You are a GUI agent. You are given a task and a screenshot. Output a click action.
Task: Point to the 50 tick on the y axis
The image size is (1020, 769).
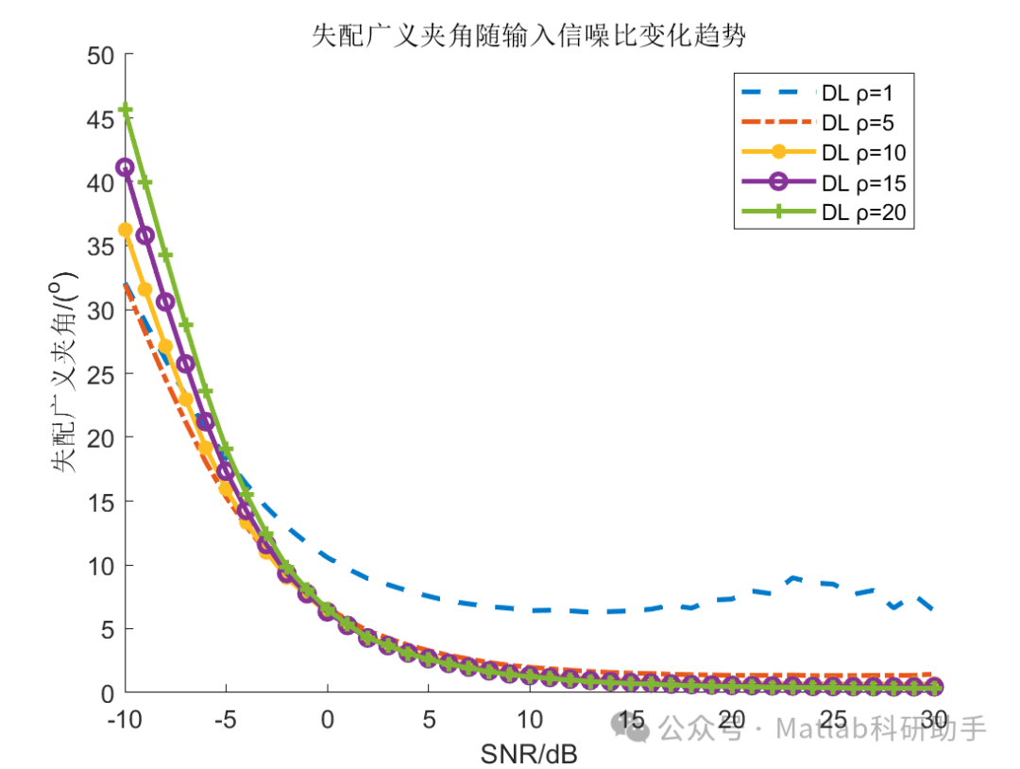pyautogui.click(x=100, y=56)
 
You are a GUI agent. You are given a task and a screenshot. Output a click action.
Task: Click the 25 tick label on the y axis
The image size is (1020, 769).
pyautogui.click(x=100, y=375)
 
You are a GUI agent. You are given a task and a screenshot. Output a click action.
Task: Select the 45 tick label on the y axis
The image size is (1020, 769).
pyautogui.click(x=100, y=119)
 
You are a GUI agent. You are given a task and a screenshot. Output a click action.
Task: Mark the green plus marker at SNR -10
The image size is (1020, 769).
pyautogui.click(x=125, y=111)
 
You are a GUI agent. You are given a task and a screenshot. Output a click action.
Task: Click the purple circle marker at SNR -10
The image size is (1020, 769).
pyautogui.click(x=125, y=167)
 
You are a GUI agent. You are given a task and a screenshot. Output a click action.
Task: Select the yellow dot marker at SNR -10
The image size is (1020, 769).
pyautogui.click(x=125, y=230)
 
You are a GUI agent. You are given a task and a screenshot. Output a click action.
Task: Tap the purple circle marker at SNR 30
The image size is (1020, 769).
pyautogui.click(x=933, y=687)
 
